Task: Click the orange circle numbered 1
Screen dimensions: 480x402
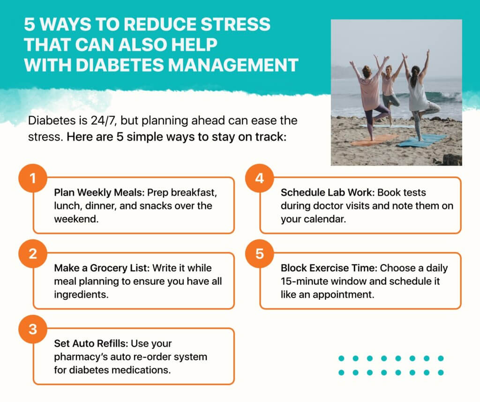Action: tap(33, 178)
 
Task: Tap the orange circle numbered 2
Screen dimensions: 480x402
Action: tap(33, 253)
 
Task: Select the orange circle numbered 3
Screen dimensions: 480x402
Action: tap(33, 329)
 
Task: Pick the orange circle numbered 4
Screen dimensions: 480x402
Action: tap(260, 178)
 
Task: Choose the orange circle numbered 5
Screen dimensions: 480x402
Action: tap(260, 253)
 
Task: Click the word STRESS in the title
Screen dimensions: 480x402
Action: tap(235, 24)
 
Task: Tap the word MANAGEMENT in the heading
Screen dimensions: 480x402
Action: tap(233, 65)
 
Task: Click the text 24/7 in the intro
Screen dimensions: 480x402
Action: tap(103, 120)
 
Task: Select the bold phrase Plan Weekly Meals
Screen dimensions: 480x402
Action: tap(99, 193)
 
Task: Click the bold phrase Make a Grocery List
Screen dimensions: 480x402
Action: tap(102, 268)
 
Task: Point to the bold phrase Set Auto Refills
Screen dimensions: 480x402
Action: tap(91, 343)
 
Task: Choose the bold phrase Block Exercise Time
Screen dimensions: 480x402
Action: tap(329, 268)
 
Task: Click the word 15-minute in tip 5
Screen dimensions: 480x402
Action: tap(304, 281)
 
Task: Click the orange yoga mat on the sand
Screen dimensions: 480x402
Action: tap(374, 140)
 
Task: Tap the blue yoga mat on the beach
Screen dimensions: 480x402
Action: tap(421, 140)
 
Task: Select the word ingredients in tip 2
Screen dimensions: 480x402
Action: tap(81, 295)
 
